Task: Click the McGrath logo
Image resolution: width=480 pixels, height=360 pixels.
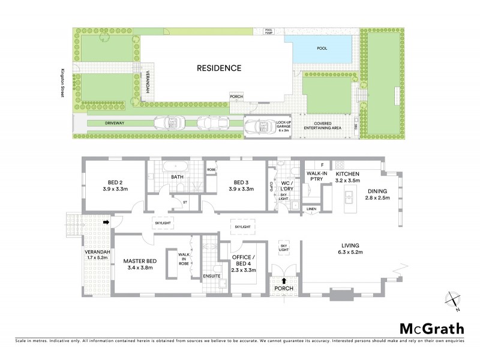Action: [x=431, y=328]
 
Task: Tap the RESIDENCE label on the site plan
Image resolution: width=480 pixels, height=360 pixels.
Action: [x=219, y=68]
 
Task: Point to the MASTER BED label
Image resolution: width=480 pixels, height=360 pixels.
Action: [x=140, y=261]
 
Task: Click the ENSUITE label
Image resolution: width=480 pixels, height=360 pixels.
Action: [x=212, y=277]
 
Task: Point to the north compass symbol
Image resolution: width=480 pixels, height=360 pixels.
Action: [x=453, y=301]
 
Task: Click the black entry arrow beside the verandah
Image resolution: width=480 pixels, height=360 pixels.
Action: [x=106, y=222]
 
